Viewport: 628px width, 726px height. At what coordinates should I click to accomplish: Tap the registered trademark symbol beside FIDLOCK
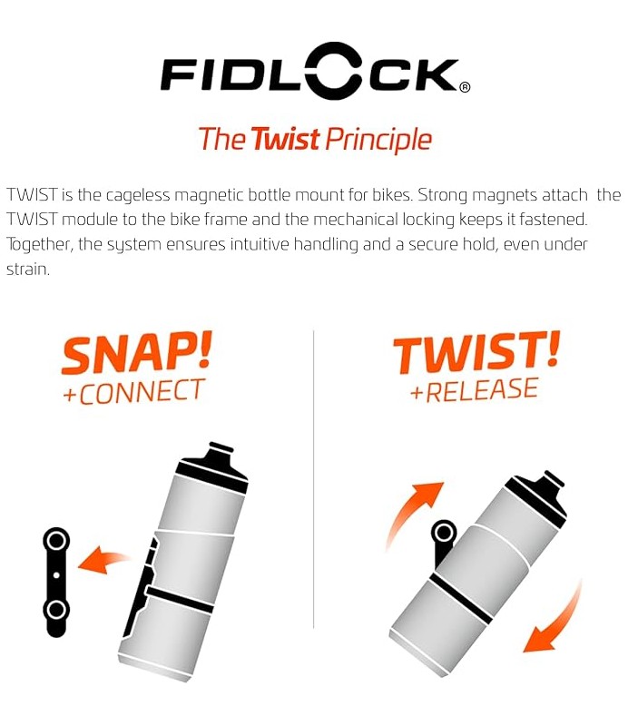(x=465, y=87)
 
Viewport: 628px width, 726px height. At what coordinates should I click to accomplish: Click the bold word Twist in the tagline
(x=286, y=139)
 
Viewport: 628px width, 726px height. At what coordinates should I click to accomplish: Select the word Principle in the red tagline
(x=378, y=140)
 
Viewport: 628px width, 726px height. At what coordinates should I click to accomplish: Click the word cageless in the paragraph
(x=138, y=195)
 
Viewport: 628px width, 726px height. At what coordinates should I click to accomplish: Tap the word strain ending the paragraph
(x=28, y=269)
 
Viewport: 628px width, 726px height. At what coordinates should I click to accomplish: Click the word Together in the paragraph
(x=40, y=245)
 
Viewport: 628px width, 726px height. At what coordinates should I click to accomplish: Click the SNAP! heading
(x=137, y=352)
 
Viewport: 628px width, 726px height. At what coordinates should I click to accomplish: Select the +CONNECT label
(x=133, y=392)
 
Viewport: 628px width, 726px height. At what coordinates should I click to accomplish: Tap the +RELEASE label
(x=475, y=390)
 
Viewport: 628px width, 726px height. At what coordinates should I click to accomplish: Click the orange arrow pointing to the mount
(x=102, y=559)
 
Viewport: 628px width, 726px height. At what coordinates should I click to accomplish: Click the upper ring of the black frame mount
(x=56, y=540)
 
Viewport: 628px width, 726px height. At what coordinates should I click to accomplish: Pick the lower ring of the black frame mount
(x=56, y=610)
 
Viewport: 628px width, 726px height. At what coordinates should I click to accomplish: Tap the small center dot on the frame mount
(x=56, y=575)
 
